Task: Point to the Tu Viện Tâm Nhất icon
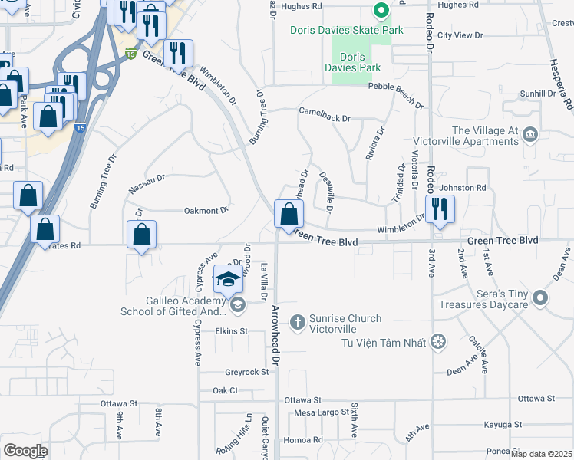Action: point(438,340)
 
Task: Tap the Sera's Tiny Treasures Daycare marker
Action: point(540,297)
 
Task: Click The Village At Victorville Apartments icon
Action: point(529,136)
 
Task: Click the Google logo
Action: point(25,450)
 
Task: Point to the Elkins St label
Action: point(231,331)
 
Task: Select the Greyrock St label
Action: point(246,373)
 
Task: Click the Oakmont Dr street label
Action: point(206,210)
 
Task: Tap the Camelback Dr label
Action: point(325,119)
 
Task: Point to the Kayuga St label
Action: point(503,424)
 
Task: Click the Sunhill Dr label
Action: point(535,94)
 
